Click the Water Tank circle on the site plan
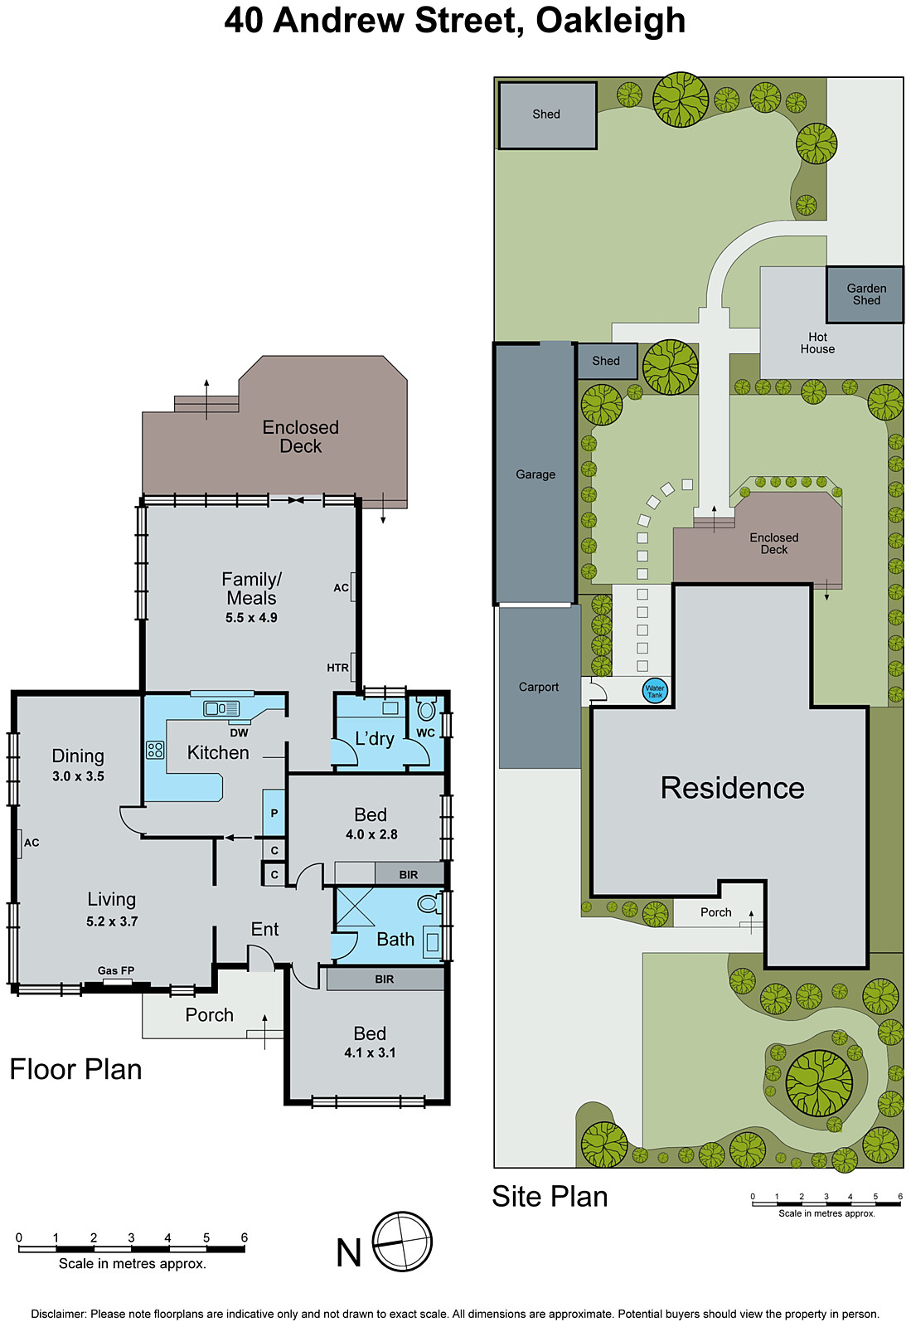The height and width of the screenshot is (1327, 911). [x=655, y=691]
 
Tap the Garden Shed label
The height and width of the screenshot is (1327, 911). [x=866, y=294]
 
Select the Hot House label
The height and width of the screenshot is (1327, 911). [x=817, y=343]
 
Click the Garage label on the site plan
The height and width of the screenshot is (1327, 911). [x=535, y=474]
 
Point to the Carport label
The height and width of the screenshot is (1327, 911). [x=539, y=687]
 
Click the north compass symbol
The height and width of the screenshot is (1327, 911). [x=402, y=1242]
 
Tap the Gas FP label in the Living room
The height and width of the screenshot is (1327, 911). [x=116, y=970]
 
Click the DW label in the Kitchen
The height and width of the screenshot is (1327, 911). [x=239, y=732]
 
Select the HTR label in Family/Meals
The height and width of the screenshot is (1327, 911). [x=337, y=668]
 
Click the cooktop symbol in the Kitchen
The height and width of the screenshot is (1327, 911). [x=155, y=751]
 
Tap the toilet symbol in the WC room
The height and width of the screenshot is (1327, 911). [x=426, y=710]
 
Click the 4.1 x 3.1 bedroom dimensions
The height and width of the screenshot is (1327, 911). [x=370, y=1052]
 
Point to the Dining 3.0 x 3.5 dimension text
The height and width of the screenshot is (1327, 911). [x=78, y=776]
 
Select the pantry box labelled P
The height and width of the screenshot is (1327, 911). [x=274, y=814]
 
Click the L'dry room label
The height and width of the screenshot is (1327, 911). [x=374, y=739]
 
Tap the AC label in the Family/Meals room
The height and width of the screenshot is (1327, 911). [x=341, y=587]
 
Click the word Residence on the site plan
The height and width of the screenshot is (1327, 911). [x=732, y=788]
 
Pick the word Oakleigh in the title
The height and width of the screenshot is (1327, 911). [x=610, y=20]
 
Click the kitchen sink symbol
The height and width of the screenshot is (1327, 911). [x=221, y=708]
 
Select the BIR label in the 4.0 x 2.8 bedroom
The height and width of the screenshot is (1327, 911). [x=409, y=874]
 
